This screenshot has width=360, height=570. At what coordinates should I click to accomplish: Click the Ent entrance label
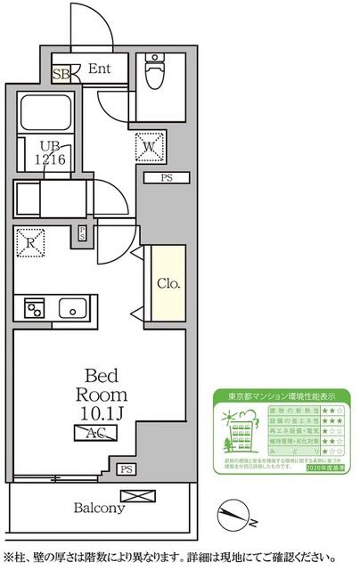99,68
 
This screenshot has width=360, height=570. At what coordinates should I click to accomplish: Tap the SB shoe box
61,74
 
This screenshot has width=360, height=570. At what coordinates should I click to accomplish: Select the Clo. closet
168,284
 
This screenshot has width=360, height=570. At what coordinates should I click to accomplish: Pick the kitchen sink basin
73,308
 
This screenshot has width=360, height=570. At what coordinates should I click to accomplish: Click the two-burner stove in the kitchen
36,308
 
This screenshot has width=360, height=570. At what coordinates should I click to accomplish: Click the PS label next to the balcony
128,470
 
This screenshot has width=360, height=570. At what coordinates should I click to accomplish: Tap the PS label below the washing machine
167,178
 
